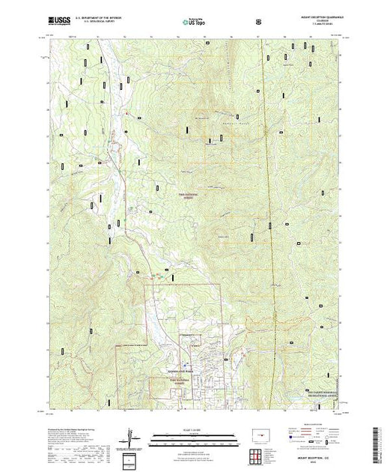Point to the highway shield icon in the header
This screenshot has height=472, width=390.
[259, 22]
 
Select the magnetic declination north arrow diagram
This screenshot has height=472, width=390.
[132, 437]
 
